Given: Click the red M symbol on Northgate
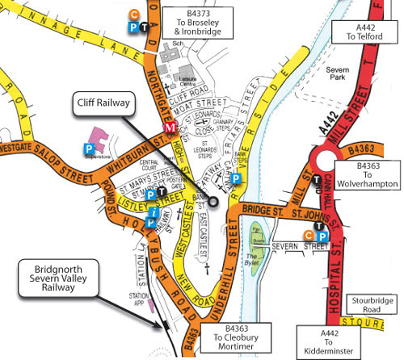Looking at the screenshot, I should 170,128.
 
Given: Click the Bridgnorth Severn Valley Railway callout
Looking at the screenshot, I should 55,279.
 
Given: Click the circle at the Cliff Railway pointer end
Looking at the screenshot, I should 215,199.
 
